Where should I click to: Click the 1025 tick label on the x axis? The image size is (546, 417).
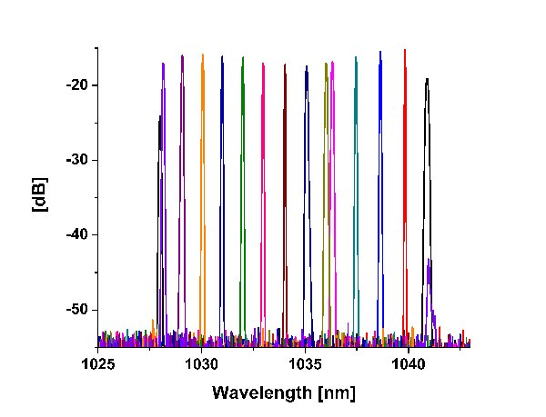[97, 363]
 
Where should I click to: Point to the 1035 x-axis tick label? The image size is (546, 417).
[305, 363]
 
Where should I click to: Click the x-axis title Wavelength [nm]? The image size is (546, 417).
[283, 392]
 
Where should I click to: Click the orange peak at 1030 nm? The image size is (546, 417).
[202, 56]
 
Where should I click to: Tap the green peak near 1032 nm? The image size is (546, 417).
[243, 59]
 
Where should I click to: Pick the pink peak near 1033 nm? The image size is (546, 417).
[263, 65]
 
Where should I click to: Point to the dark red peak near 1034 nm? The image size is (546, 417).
[284, 66]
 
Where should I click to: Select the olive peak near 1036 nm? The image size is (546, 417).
[326, 65]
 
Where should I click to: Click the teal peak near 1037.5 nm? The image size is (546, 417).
[356, 59]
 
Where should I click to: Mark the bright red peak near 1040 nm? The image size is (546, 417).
[405, 52]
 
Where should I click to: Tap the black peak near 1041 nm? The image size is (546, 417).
[426, 80]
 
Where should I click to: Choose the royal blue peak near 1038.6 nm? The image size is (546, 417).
[380, 54]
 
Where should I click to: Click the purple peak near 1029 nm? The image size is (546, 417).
[182, 57]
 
